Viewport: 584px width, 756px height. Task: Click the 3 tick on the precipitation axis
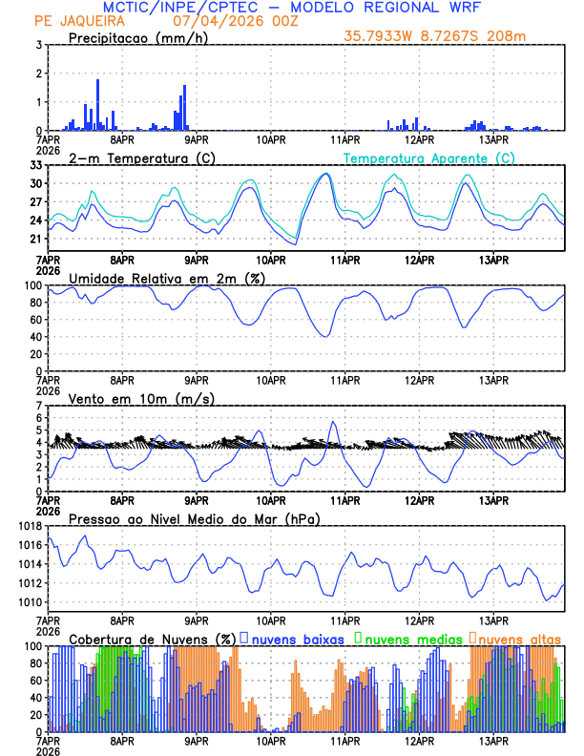[38, 45]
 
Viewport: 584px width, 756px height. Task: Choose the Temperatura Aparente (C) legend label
[428, 157]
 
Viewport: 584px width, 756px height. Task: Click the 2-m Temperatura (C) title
[141, 157]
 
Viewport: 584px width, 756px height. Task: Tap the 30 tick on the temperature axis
[35, 183]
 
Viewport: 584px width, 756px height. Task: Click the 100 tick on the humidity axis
[32, 285]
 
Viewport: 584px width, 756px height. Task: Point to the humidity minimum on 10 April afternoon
[324, 336]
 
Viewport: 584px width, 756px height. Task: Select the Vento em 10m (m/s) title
[141, 398]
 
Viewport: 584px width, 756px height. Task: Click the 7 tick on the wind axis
[38, 406]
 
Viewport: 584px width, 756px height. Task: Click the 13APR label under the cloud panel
[493, 740]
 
